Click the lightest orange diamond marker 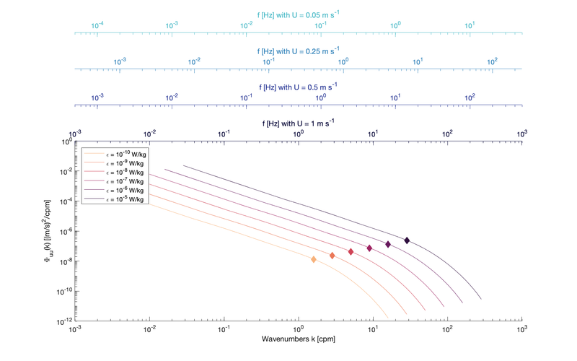(x=314, y=259)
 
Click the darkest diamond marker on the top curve (x=407, y=240)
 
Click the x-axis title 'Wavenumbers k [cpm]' (x=298, y=339)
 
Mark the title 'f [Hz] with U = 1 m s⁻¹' (x=298, y=123)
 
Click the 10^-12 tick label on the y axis (x=63, y=320)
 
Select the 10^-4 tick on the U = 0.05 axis (x=97, y=25)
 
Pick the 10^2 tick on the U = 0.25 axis (x=492, y=61)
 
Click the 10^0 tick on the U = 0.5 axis (x=321, y=97)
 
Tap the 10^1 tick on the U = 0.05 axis (x=470, y=25)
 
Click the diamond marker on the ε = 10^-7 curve (x=369, y=248)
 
